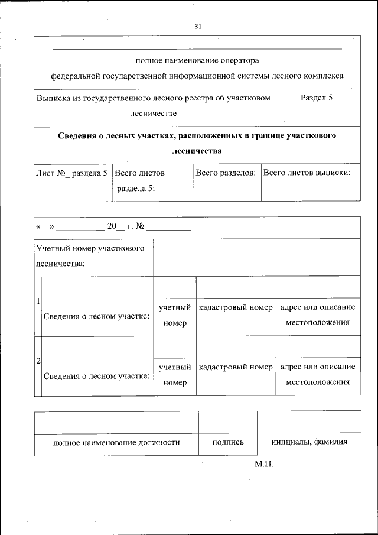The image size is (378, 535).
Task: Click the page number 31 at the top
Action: (197, 27)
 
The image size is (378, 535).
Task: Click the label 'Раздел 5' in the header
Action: (317, 98)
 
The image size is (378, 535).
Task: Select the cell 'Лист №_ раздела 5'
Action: (71, 173)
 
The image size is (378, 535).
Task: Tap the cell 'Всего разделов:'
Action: (226, 173)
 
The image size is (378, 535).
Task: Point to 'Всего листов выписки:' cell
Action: (307, 173)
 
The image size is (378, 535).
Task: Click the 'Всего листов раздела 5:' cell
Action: (139, 181)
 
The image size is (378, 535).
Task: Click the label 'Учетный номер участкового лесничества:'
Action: (90, 256)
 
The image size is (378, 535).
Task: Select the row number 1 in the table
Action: (38, 301)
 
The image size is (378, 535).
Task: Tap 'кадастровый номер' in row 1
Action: (236, 308)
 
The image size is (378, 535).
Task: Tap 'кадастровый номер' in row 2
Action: (236, 367)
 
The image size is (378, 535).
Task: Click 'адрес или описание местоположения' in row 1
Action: (318, 315)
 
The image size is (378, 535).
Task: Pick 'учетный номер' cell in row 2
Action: (175, 375)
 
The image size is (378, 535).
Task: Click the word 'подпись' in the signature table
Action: (227, 442)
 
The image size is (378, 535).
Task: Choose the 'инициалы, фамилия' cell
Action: (309, 442)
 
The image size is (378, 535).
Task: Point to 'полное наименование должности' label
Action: (116, 442)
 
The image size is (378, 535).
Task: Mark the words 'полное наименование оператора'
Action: (197, 60)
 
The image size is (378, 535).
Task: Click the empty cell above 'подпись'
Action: (227, 421)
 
